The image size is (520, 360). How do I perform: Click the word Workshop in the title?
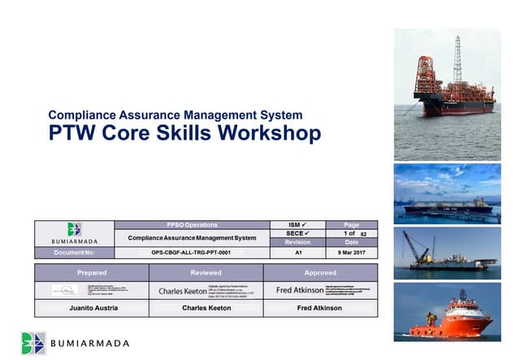coord(270,133)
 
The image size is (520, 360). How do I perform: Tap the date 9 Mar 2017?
coord(351,253)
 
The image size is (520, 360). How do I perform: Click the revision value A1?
coord(298,253)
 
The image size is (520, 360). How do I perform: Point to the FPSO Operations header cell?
coord(192,224)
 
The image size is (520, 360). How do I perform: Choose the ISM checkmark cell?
coord(298,224)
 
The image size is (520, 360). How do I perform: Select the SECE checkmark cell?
coord(298,233)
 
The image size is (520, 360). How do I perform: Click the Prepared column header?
coord(91,273)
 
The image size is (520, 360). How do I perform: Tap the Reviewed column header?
coord(206,273)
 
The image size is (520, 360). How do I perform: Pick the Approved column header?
coord(320,273)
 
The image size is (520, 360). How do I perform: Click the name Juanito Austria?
coord(91,308)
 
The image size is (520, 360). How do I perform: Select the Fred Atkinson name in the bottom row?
coord(320,308)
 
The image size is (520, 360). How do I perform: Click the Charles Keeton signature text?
coord(183,290)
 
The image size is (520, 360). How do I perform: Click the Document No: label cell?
coord(74,253)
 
